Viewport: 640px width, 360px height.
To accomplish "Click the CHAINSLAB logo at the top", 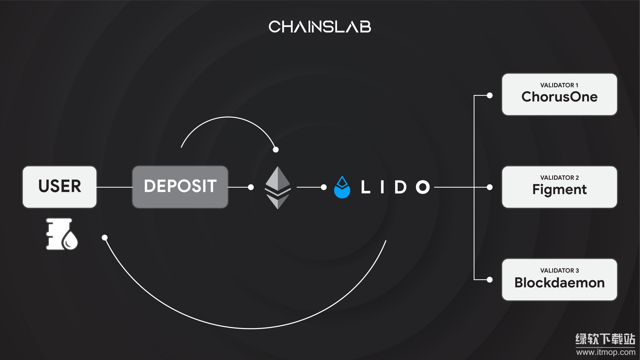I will pyautogui.click(x=320, y=27).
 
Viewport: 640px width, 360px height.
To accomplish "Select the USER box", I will pyautogui.click(x=60, y=187).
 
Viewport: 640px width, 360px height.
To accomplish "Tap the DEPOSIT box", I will pyautogui.click(x=180, y=187).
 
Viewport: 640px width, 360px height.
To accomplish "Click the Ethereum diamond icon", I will pyautogui.click(x=278, y=188).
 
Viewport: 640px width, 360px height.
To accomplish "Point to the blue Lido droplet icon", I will pyautogui.click(x=342, y=188).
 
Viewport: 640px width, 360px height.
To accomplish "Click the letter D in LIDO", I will pyautogui.click(x=400, y=187).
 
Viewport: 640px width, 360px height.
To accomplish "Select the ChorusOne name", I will pyautogui.click(x=559, y=97).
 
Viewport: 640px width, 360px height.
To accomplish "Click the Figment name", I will pyautogui.click(x=559, y=190).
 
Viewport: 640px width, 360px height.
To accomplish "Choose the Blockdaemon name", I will pyautogui.click(x=559, y=283).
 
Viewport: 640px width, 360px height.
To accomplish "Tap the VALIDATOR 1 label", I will pyautogui.click(x=559, y=85).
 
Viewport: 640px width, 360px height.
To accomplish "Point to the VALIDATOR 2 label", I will pyautogui.click(x=559, y=178).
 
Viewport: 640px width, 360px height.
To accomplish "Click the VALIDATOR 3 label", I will pyautogui.click(x=559, y=270).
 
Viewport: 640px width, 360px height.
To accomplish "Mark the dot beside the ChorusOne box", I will pyautogui.click(x=490, y=95).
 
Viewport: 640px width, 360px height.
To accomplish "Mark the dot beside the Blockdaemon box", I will pyautogui.click(x=490, y=280).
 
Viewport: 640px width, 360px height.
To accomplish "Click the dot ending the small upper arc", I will pyautogui.click(x=276, y=149).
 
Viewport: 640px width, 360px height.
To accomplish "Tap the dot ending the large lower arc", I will pyautogui.click(x=105, y=237).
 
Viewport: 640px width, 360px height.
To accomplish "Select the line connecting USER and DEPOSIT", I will pyautogui.click(x=114, y=187).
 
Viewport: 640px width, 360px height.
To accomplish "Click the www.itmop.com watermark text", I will pyautogui.click(x=605, y=352).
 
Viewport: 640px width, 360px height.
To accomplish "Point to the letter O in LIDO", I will pyautogui.click(x=423, y=187).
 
